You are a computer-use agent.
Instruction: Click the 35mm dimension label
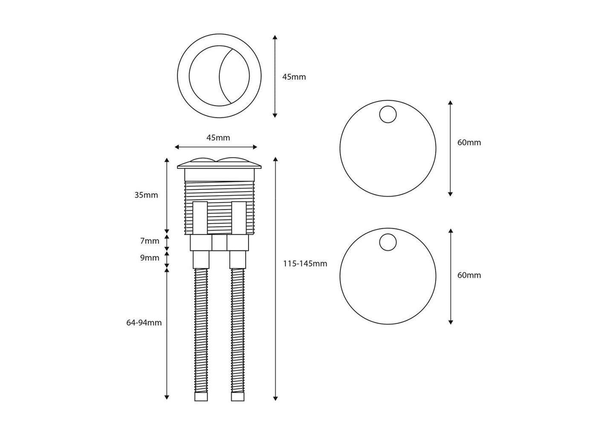pos(146,195)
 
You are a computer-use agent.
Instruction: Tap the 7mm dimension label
pos(150,241)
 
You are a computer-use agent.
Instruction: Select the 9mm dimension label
pos(150,258)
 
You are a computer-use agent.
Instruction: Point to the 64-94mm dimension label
pos(144,323)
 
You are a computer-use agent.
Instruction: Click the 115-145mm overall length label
pos(305,264)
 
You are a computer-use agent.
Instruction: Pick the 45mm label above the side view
pos(218,138)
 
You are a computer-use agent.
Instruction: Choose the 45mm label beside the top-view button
pos(294,77)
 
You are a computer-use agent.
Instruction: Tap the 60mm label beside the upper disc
pos(469,142)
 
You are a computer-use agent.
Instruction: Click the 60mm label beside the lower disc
pos(469,275)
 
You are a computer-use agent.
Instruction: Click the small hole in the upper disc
pos(388,114)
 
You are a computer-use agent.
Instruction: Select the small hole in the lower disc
pos(388,242)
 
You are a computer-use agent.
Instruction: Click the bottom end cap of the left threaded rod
pos(201,397)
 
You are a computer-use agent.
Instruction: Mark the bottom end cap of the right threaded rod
pos(238,397)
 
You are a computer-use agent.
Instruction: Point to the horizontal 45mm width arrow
pos(216,147)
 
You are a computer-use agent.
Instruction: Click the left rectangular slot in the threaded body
pos(200,218)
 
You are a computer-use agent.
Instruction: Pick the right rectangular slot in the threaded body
pos(239,218)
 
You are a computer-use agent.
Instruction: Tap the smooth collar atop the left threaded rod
pos(201,259)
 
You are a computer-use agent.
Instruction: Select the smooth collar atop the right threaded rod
pos(238,259)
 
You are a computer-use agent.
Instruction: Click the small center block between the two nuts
pos(219,243)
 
